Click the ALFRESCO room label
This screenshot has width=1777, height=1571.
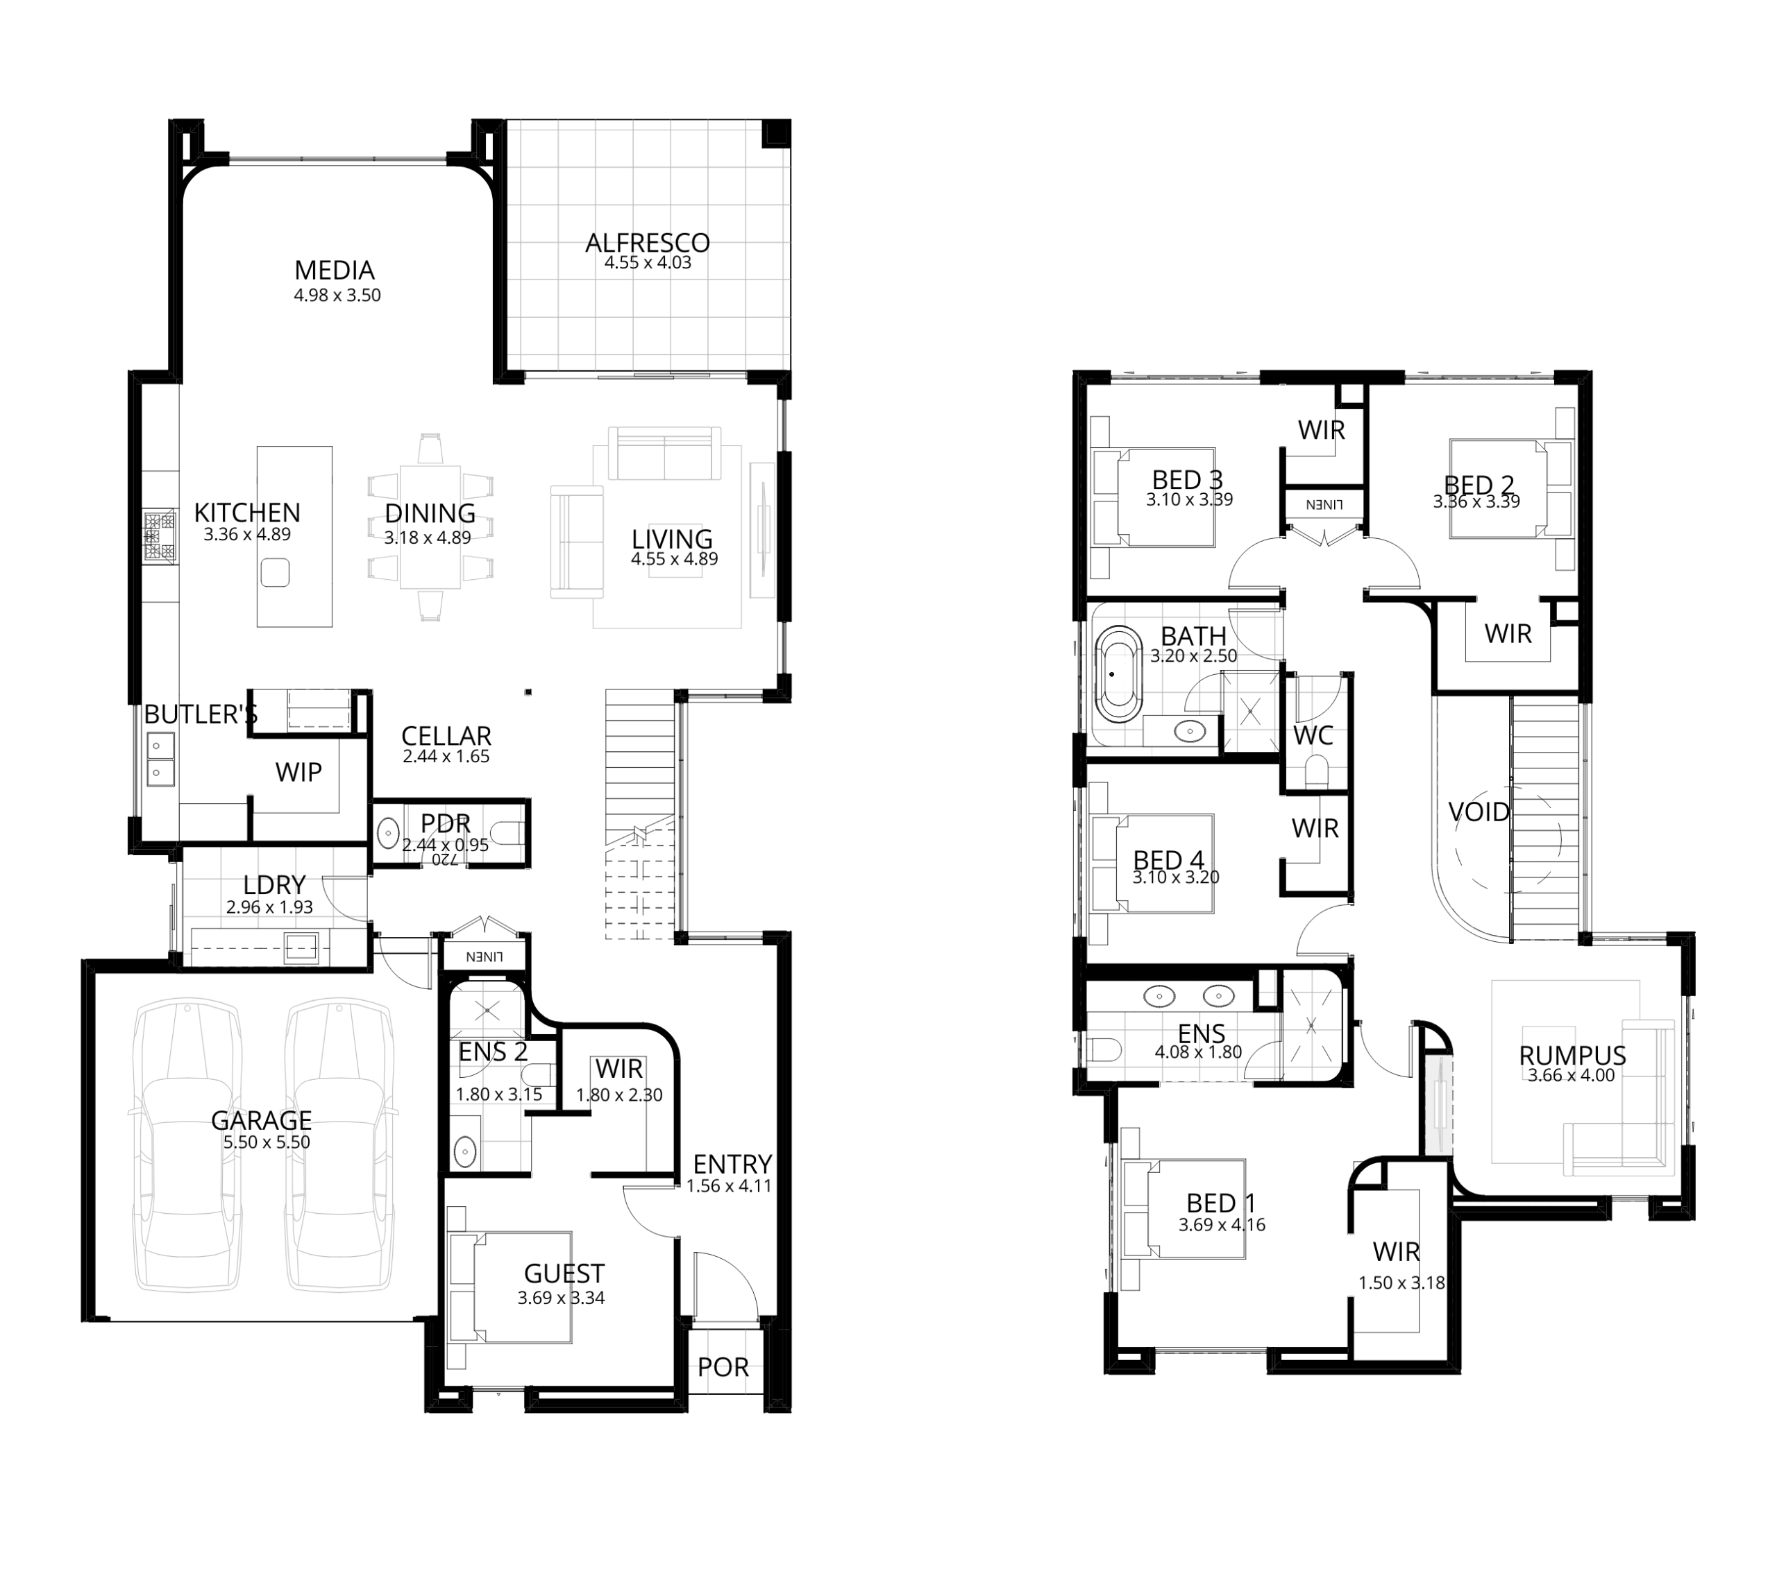click(x=647, y=243)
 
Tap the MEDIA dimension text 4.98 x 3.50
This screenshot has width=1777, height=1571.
click(x=337, y=295)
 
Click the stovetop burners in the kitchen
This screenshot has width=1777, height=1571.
click(x=160, y=537)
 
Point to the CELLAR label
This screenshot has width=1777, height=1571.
click(x=446, y=736)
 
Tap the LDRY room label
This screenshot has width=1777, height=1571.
click(x=274, y=886)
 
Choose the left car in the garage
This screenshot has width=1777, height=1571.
click(x=186, y=1148)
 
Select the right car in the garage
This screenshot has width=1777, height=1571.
click(x=338, y=1148)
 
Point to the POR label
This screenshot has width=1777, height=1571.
click(x=723, y=1368)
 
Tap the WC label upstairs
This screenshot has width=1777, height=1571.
click(x=1313, y=736)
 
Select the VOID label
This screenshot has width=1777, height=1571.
click(x=1479, y=812)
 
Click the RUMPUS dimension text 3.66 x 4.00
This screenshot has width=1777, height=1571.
click(x=1572, y=1076)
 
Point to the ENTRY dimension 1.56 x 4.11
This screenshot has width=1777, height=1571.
click(x=730, y=1186)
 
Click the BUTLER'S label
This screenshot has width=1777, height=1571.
click(x=201, y=715)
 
